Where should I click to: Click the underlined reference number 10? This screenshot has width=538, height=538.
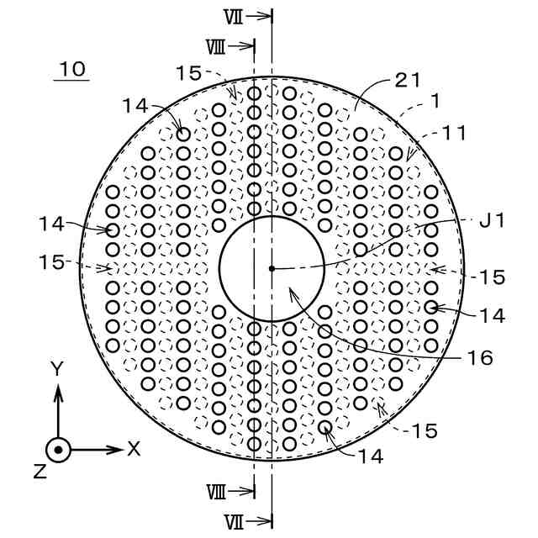point(73,69)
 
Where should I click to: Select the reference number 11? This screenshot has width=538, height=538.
point(455,133)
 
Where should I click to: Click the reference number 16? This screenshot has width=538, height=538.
point(479,357)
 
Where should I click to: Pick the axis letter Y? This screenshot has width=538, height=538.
point(57,368)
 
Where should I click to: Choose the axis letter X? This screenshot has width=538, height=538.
point(134,449)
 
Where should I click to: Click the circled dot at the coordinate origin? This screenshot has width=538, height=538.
point(57,450)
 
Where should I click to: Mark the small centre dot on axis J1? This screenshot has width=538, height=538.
point(272,268)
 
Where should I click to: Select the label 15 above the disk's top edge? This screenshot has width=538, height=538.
point(188,73)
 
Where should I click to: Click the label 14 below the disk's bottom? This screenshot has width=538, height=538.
point(370,456)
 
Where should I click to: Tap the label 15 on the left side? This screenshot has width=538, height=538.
point(51,261)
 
